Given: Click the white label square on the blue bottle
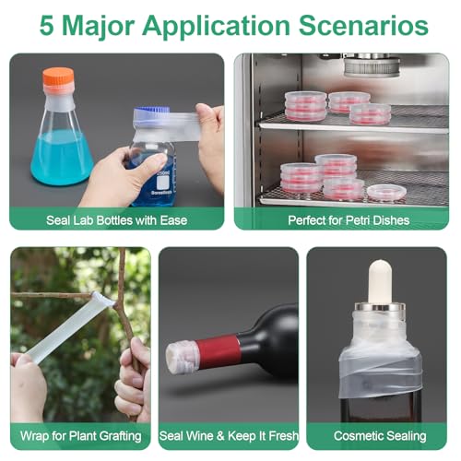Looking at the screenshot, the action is click(x=163, y=183).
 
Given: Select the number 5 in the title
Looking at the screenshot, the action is click(x=47, y=25).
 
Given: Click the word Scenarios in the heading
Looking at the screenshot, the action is click(x=363, y=25).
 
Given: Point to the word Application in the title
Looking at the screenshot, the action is click(x=217, y=27).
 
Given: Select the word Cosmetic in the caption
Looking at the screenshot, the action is click(x=358, y=436).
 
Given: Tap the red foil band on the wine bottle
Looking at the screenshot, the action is click(x=217, y=350).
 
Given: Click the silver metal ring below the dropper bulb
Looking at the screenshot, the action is click(x=380, y=307).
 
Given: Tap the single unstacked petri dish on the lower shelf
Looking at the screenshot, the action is click(x=387, y=194).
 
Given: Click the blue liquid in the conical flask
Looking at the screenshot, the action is click(x=62, y=158).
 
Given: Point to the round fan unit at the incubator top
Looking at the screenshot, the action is click(x=372, y=66).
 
